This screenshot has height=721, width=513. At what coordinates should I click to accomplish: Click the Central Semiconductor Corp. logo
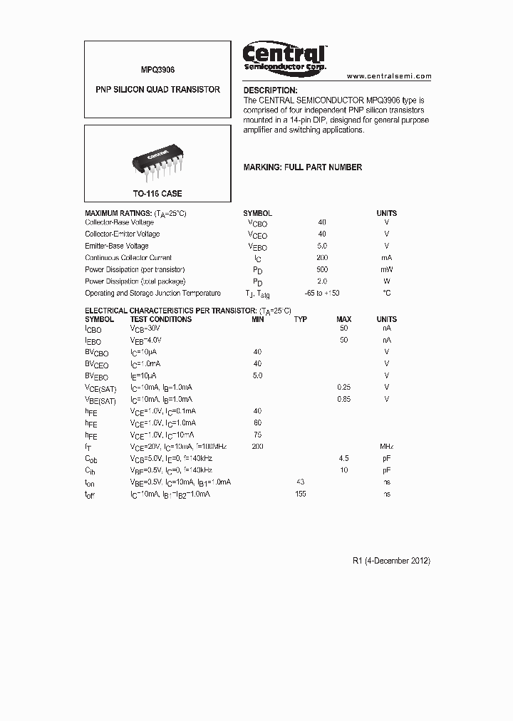coord(285,57)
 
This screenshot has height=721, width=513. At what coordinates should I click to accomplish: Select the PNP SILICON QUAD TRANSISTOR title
coord(157,90)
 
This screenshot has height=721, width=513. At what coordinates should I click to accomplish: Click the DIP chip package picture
coord(157,160)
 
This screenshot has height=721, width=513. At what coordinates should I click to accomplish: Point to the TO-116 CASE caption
coord(157,194)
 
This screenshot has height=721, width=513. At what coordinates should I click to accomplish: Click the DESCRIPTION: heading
coord(271,90)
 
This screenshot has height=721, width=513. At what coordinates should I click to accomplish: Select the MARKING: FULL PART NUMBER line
coord(303,167)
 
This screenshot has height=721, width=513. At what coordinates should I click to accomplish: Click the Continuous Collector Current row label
coord(128,258)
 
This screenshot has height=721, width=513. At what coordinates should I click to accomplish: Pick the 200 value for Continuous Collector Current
coord(322,258)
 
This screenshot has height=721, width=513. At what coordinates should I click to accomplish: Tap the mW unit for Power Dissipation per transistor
coord(387,269)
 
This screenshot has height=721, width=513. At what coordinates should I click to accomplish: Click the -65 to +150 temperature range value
coord(321,293)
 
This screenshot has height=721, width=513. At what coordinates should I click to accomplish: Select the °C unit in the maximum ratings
coord(387,293)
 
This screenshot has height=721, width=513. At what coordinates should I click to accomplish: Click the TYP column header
coord(301,319)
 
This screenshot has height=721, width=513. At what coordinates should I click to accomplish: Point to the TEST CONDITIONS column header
coord(160,319)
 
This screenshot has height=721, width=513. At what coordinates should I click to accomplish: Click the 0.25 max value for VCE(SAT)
coord(343,387)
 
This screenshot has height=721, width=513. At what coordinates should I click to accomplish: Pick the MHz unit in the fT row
coord(387,446)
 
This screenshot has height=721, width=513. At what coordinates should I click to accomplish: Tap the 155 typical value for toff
coord(300,494)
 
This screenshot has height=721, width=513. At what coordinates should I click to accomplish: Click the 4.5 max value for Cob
coord(343,458)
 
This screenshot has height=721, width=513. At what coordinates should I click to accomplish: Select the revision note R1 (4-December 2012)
coord(391,561)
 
